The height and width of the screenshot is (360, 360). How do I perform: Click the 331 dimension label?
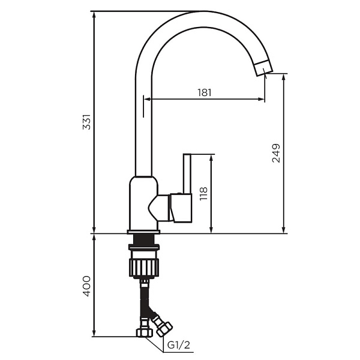tap(86, 123)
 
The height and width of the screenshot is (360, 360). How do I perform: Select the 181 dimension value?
tap(205, 92)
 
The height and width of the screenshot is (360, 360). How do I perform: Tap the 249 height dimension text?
tap(276, 154)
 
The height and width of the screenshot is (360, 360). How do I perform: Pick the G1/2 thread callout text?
tap(178, 346)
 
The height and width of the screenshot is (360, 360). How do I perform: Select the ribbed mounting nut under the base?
tap(144, 265)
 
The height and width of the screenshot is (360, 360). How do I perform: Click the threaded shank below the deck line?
tap(144, 240)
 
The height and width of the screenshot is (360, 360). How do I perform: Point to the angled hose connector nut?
tap(162, 326)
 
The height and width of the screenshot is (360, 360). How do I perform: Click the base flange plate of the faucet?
tap(143, 231)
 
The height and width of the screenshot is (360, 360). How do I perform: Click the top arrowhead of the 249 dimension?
tap(284, 77)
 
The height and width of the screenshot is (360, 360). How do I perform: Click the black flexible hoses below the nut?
tap(145, 300)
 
